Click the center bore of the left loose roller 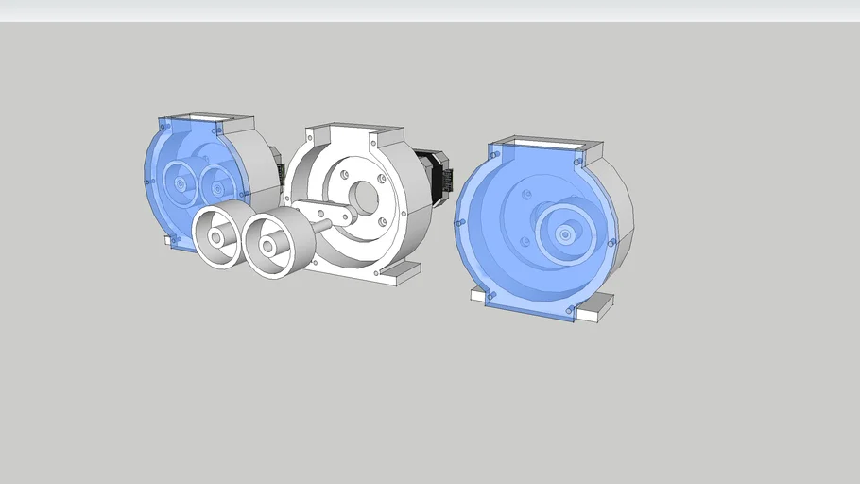tap(217, 237)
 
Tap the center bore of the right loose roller tap(268, 247)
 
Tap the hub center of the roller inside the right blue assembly tap(564, 232)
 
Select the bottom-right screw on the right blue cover tap(570, 310)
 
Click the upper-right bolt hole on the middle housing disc tap(380, 178)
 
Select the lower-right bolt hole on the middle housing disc tap(382, 221)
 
